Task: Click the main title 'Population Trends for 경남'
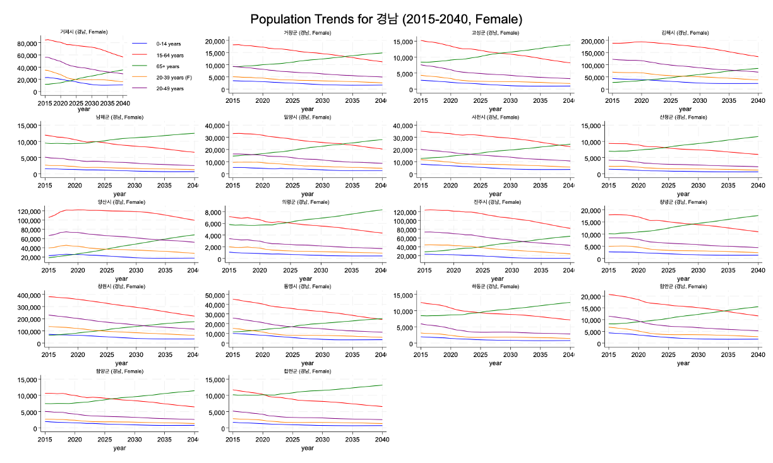click(386, 19)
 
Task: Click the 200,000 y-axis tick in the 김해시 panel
click(585, 41)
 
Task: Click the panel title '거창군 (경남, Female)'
click(307, 33)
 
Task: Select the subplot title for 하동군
click(495, 286)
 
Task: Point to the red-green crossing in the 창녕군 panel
click(689, 224)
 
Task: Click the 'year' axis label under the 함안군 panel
click(683, 363)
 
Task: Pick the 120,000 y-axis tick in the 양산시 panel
click(25, 211)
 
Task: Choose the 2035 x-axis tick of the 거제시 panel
click(107, 103)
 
